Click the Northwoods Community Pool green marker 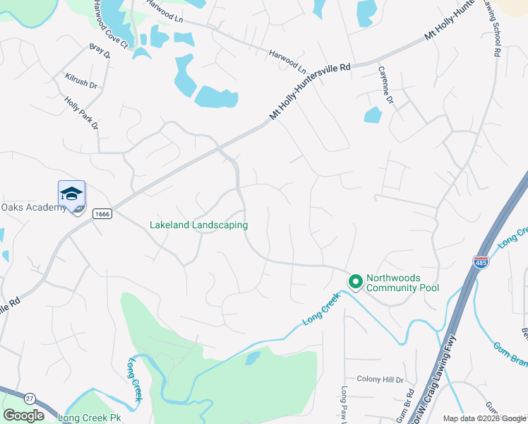(x=355, y=282)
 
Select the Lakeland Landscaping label (x=198, y=225)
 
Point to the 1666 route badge (x=102, y=213)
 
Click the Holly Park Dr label (x=81, y=112)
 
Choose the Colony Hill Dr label (x=380, y=379)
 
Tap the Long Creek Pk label (x=90, y=418)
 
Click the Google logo (x=23, y=416)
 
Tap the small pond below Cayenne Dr (x=373, y=114)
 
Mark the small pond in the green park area (x=252, y=358)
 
